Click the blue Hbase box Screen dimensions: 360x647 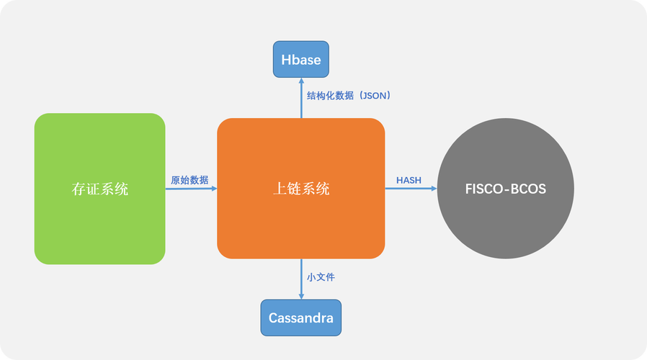300,59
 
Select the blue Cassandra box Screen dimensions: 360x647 300,318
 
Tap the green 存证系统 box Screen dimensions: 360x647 99,189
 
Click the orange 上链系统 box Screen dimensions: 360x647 300,189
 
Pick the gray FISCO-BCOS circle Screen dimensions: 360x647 505,189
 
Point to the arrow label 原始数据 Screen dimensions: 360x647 189,180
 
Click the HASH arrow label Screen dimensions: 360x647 409,180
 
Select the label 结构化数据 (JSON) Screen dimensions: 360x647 349,95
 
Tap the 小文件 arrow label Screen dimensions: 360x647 321,276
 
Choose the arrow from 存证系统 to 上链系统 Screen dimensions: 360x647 191,189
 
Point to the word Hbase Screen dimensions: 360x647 300,59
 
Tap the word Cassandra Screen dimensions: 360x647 300,318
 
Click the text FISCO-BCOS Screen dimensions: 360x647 505,189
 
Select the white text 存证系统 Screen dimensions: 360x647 99,189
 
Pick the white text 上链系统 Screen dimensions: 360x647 300,189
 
